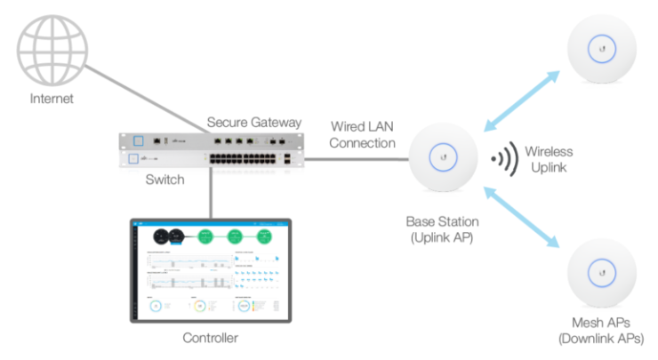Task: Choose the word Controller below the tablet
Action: click(211, 338)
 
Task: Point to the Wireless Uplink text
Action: click(549, 159)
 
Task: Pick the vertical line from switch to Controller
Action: click(211, 191)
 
